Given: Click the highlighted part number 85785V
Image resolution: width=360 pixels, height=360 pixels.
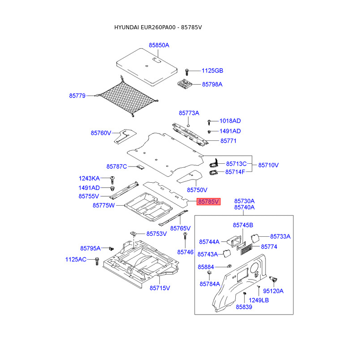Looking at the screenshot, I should [208, 202].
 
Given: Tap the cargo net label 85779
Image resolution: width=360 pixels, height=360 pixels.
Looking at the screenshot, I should [77, 95].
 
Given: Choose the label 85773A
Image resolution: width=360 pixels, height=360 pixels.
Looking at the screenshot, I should [189, 113].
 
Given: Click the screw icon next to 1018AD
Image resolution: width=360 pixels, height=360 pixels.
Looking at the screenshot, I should [209, 121].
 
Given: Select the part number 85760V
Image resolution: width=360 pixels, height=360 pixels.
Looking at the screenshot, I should [101, 133].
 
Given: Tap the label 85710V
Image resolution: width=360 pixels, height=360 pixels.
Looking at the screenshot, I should [268, 165].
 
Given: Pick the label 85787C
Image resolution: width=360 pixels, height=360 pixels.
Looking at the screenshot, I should [117, 166].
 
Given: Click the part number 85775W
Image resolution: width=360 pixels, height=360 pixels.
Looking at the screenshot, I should [104, 205].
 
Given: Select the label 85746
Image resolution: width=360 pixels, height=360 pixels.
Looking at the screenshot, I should [185, 252].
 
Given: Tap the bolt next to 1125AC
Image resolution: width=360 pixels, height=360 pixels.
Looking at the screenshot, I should [97, 261].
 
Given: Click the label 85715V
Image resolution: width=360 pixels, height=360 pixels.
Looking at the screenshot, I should [160, 288].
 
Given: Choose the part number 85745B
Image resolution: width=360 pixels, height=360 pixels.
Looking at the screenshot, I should [243, 225].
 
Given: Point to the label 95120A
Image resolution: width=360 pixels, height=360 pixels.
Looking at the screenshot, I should [273, 291].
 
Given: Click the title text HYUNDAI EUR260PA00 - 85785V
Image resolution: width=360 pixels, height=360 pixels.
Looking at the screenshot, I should [158, 27].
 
